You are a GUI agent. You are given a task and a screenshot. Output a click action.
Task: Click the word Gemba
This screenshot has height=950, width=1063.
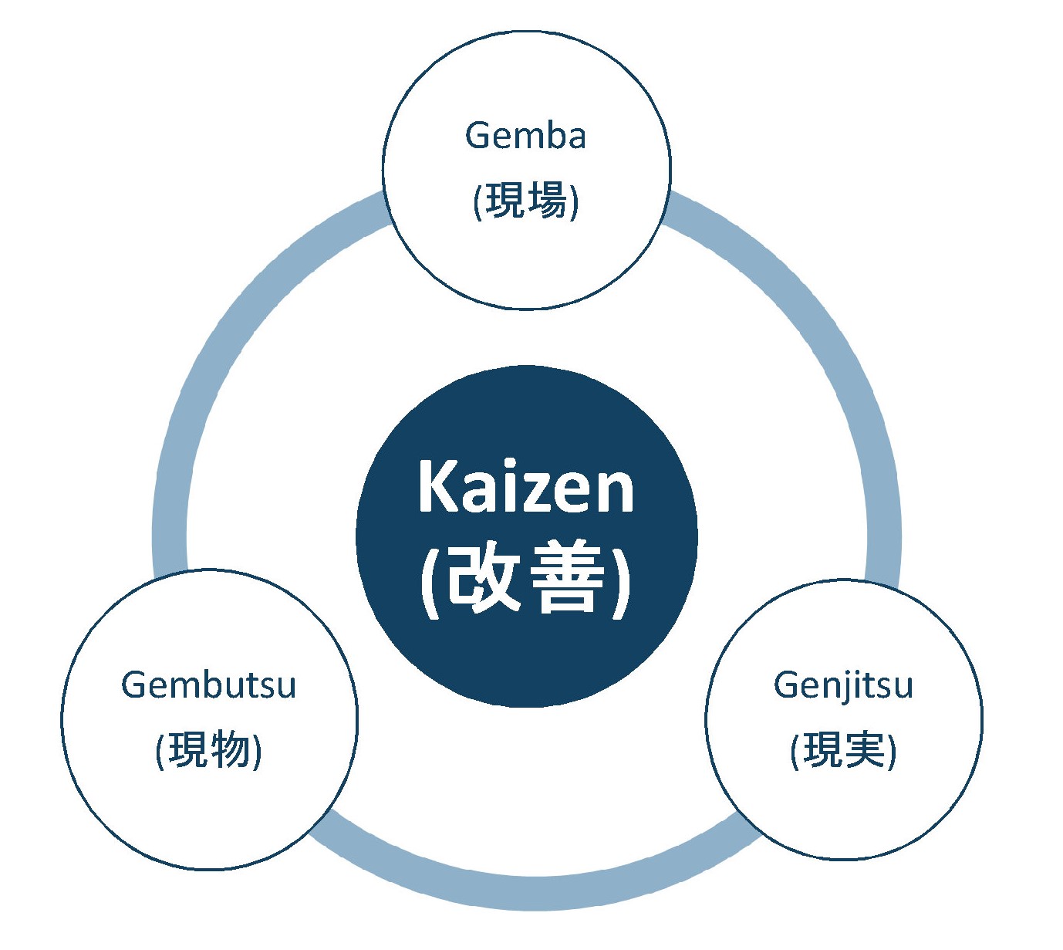click(x=525, y=135)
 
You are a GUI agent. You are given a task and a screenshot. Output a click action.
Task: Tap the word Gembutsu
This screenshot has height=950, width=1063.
click(x=209, y=685)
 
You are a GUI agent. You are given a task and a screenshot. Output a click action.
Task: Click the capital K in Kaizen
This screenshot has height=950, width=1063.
click(x=439, y=485)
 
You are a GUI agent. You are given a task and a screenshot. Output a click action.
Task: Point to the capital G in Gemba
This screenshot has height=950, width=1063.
click(x=478, y=135)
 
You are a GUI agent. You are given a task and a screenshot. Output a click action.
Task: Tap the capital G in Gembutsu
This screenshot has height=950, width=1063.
click(x=134, y=685)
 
